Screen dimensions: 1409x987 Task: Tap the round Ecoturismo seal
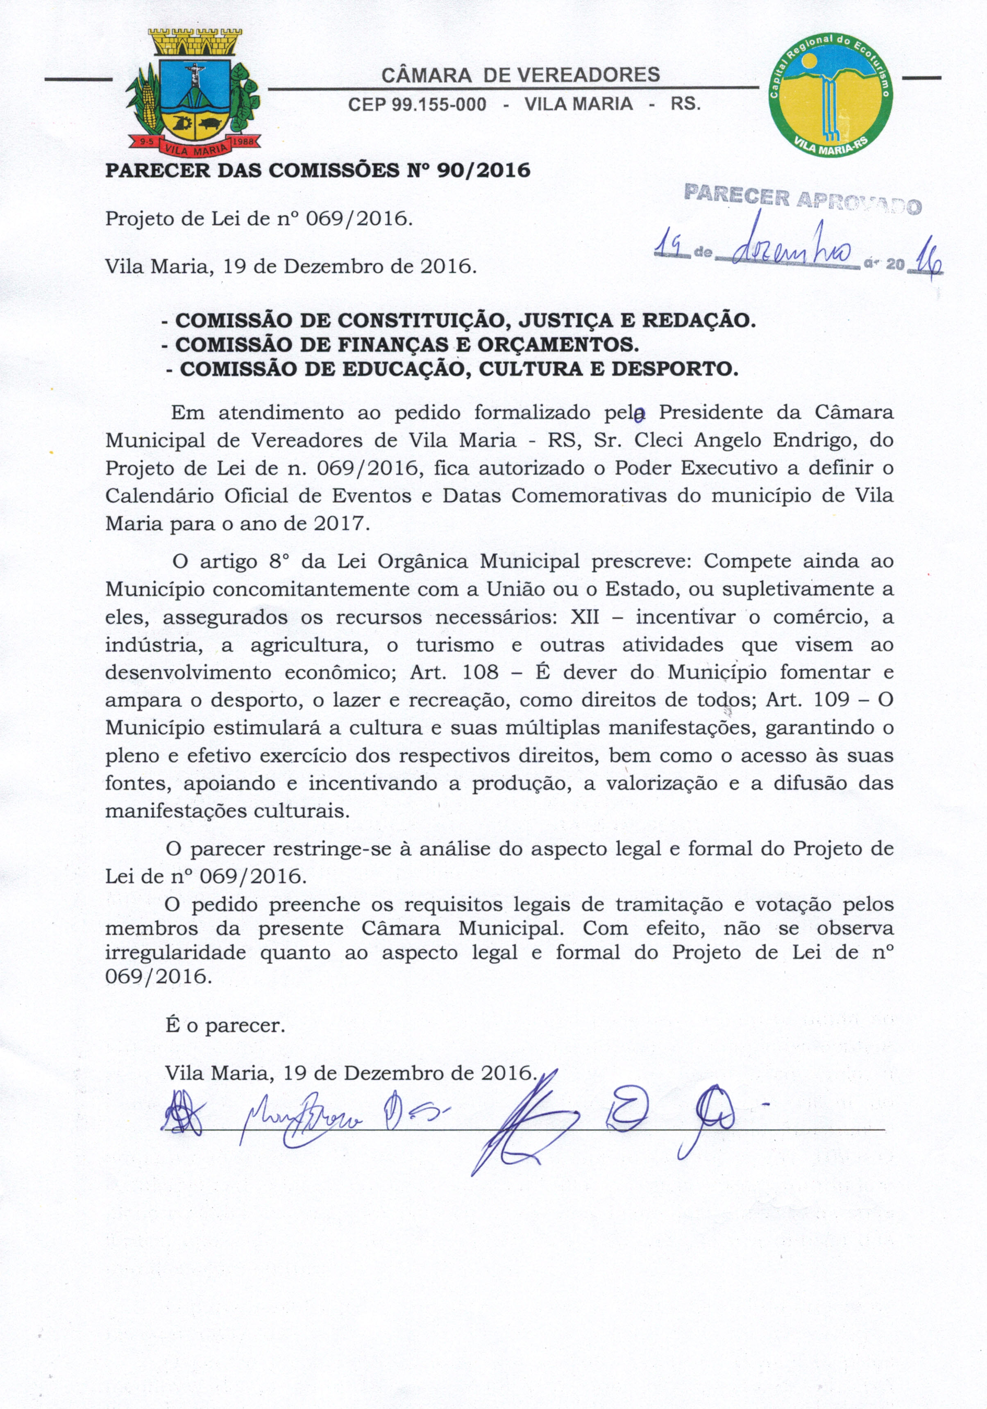click(830, 94)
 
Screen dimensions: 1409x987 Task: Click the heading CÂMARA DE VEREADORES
click(521, 75)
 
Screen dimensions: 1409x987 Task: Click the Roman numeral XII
click(585, 616)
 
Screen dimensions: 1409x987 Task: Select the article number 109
click(831, 699)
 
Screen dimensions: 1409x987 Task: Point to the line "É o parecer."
click(225, 1025)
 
